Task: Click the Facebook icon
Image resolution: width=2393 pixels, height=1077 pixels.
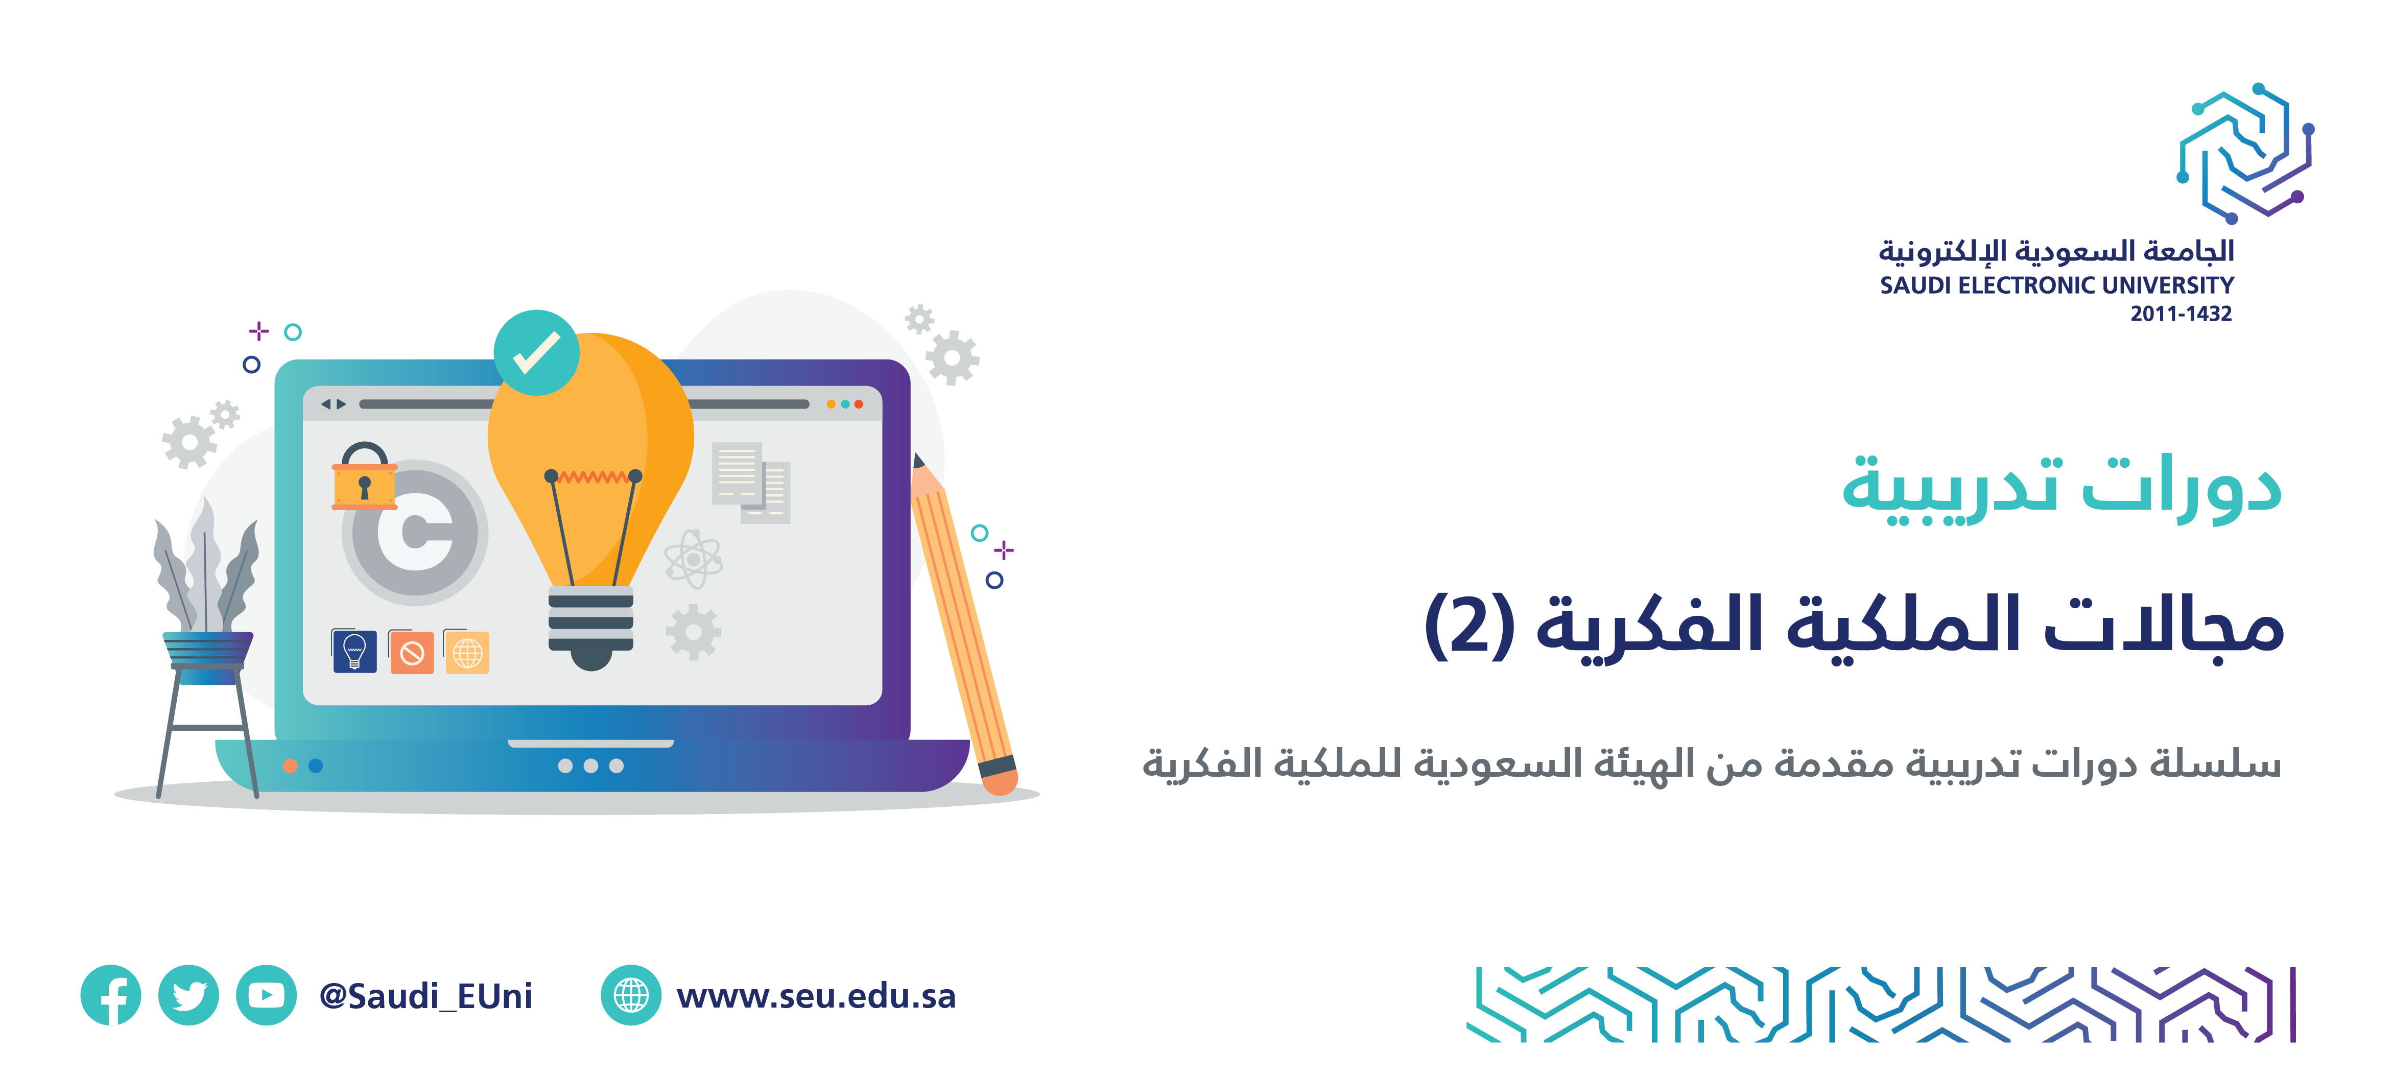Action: click(x=110, y=995)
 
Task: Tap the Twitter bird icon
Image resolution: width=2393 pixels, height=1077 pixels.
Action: click(x=188, y=995)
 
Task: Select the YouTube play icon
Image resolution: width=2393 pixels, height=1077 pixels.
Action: click(x=267, y=995)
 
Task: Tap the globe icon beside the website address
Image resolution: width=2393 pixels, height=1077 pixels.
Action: click(x=631, y=995)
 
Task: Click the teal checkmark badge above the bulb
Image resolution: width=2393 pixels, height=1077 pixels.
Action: click(x=536, y=353)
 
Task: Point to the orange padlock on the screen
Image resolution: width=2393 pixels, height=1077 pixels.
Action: click(x=364, y=475)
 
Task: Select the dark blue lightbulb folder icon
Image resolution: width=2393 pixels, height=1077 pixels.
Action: click(x=354, y=650)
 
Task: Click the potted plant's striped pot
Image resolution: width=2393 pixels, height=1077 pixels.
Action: click(x=208, y=657)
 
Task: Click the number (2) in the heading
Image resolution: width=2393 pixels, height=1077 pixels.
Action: click(x=1471, y=625)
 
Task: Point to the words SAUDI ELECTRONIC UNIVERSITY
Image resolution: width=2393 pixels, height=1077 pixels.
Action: click(x=2057, y=285)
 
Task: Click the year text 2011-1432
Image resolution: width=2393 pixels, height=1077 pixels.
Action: click(x=2181, y=314)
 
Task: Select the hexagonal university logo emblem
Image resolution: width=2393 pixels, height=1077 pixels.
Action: click(x=2245, y=153)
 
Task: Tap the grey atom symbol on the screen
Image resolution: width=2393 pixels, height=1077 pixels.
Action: click(x=693, y=559)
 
